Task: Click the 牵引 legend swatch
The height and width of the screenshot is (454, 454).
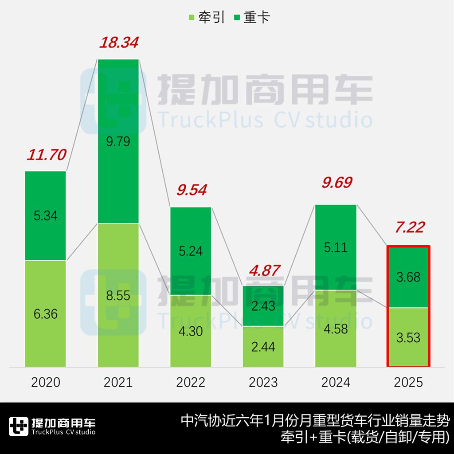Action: tap(192, 18)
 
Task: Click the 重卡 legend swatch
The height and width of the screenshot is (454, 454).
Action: tap(236, 18)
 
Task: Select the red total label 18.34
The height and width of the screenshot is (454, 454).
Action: tap(118, 43)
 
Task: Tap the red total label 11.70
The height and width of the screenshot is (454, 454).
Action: tap(46, 155)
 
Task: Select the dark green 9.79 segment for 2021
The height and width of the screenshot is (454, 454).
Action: tap(118, 142)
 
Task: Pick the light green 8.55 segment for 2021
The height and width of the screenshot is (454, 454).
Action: tap(118, 295)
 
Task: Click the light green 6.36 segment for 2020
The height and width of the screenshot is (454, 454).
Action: tap(46, 313)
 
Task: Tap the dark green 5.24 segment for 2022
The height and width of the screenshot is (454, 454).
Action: tap(191, 251)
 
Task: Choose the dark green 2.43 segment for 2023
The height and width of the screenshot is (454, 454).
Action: tap(263, 306)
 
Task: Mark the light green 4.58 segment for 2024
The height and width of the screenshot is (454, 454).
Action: tap(336, 328)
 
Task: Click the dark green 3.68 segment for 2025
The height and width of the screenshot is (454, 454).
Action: tap(408, 277)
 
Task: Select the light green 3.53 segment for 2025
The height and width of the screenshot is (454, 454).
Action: tap(408, 337)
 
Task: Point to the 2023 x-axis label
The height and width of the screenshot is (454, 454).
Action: tap(263, 382)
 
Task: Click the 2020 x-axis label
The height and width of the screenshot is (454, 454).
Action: tap(46, 382)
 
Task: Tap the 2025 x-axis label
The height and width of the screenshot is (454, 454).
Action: tap(408, 382)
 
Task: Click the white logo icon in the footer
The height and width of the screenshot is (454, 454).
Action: tap(19, 427)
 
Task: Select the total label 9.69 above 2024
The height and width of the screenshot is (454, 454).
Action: tap(336, 183)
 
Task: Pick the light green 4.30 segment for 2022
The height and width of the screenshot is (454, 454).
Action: tap(191, 331)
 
